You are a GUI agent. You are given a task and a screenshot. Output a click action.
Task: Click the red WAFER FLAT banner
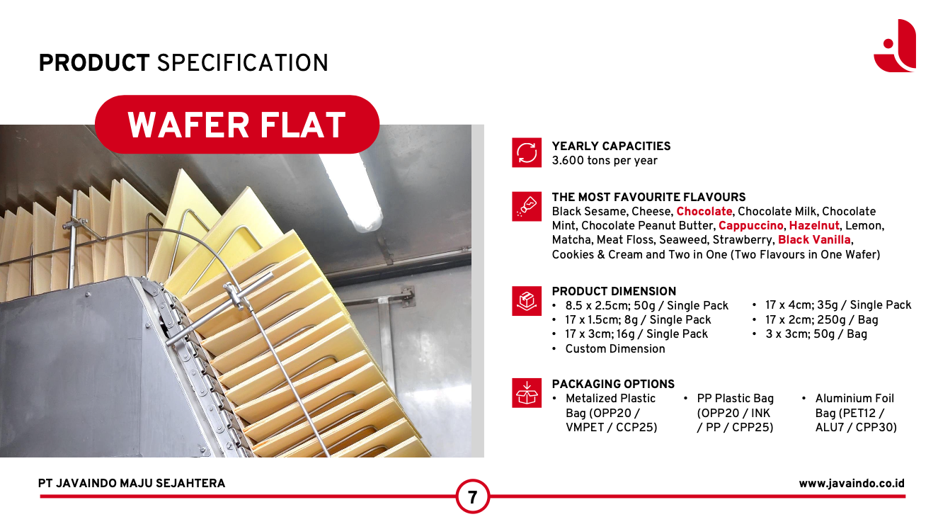pos(237,125)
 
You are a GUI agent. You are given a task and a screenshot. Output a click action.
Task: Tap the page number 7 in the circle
pos(472,497)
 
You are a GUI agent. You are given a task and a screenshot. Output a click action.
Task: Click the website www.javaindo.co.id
pos(852,484)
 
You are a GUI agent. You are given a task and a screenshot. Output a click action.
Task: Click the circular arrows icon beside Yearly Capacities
pos(527,152)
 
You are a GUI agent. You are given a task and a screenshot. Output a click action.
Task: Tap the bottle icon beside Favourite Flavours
pos(527,207)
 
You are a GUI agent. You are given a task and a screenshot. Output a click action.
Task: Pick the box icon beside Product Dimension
pos(527,301)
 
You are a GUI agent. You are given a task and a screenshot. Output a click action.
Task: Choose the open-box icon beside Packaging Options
pos(527,393)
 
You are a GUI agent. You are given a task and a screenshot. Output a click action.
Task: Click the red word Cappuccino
pos(751,226)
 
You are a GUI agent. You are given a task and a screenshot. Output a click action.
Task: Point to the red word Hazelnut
pos(814,226)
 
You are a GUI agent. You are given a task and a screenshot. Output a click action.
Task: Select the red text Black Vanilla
pos(814,239)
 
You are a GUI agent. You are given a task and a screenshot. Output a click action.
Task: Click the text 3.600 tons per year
pos(605,161)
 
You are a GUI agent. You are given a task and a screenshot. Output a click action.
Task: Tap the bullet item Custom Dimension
pos(614,349)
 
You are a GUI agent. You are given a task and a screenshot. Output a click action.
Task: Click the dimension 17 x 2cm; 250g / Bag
pos(822,319)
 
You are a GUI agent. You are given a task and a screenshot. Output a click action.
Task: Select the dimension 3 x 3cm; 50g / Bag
pos(816,334)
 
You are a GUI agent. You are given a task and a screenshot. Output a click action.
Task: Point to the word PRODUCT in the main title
pos(94,63)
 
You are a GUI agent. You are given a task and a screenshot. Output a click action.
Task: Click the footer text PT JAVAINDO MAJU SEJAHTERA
pos(132,484)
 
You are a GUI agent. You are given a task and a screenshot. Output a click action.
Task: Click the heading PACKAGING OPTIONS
pos(613,384)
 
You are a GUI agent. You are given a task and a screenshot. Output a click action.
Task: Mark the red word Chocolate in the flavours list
pos(704,212)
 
